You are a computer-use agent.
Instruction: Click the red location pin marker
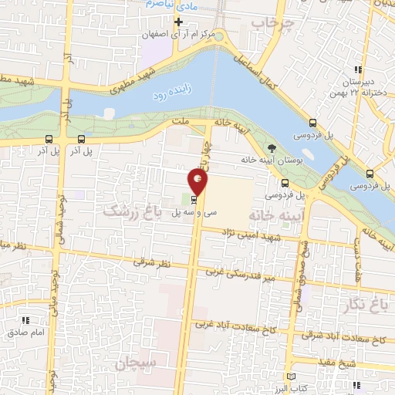[x=198, y=182]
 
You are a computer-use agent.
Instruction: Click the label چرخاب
[x=268, y=25]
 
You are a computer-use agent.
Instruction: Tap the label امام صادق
[x=22, y=333]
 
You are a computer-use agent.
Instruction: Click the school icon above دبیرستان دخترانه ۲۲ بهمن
[x=356, y=70]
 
